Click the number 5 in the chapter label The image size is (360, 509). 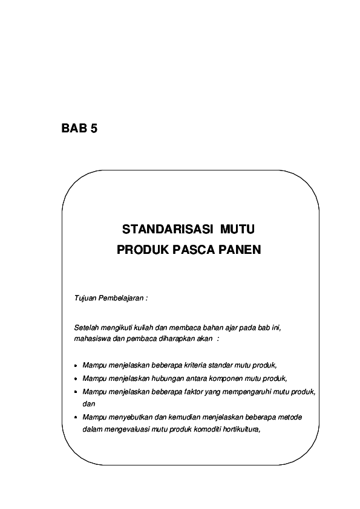tap(94, 128)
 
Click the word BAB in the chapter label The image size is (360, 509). tap(74, 128)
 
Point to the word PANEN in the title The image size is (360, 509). tap(240, 249)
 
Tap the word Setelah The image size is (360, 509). tap(85, 328)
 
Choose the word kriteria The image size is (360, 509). tap(186, 365)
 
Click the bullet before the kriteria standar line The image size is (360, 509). tap(75, 366)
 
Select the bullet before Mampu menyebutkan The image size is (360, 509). tap(75, 418)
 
